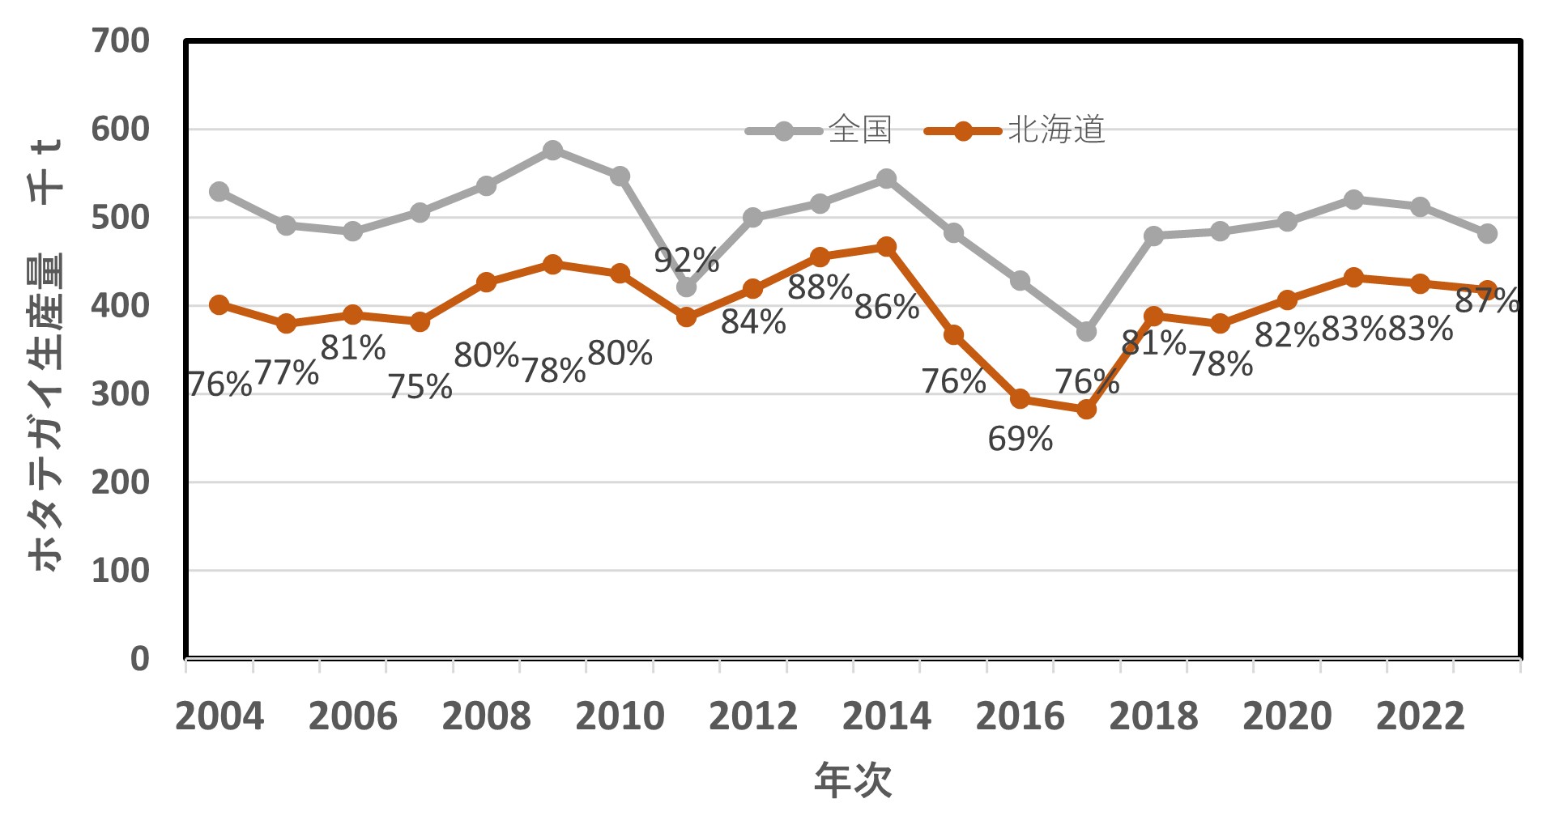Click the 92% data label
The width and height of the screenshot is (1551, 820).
click(686, 261)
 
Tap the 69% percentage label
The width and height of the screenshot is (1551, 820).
click(1020, 440)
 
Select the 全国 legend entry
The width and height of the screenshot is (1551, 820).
click(820, 130)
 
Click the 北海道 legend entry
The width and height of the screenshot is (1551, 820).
click(1016, 130)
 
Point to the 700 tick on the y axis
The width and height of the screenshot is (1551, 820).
click(121, 40)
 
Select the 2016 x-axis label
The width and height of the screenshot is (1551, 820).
click(1020, 716)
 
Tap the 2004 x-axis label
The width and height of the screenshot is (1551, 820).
click(219, 716)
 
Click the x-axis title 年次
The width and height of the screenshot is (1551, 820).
click(853, 780)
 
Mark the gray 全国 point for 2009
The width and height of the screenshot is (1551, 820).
click(552, 151)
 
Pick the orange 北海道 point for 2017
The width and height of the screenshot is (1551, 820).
click(1086, 410)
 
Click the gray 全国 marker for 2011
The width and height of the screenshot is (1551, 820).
click(686, 287)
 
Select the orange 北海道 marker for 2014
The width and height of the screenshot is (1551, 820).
click(886, 247)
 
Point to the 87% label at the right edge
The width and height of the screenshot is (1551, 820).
click(1486, 301)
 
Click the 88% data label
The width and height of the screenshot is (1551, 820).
click(820, 287)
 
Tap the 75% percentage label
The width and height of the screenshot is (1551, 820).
click(420, 387)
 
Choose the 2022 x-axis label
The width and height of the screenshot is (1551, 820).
click(1420, 716)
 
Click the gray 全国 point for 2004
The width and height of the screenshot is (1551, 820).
click(219, 192)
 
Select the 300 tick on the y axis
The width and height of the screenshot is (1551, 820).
click(121, 394)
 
